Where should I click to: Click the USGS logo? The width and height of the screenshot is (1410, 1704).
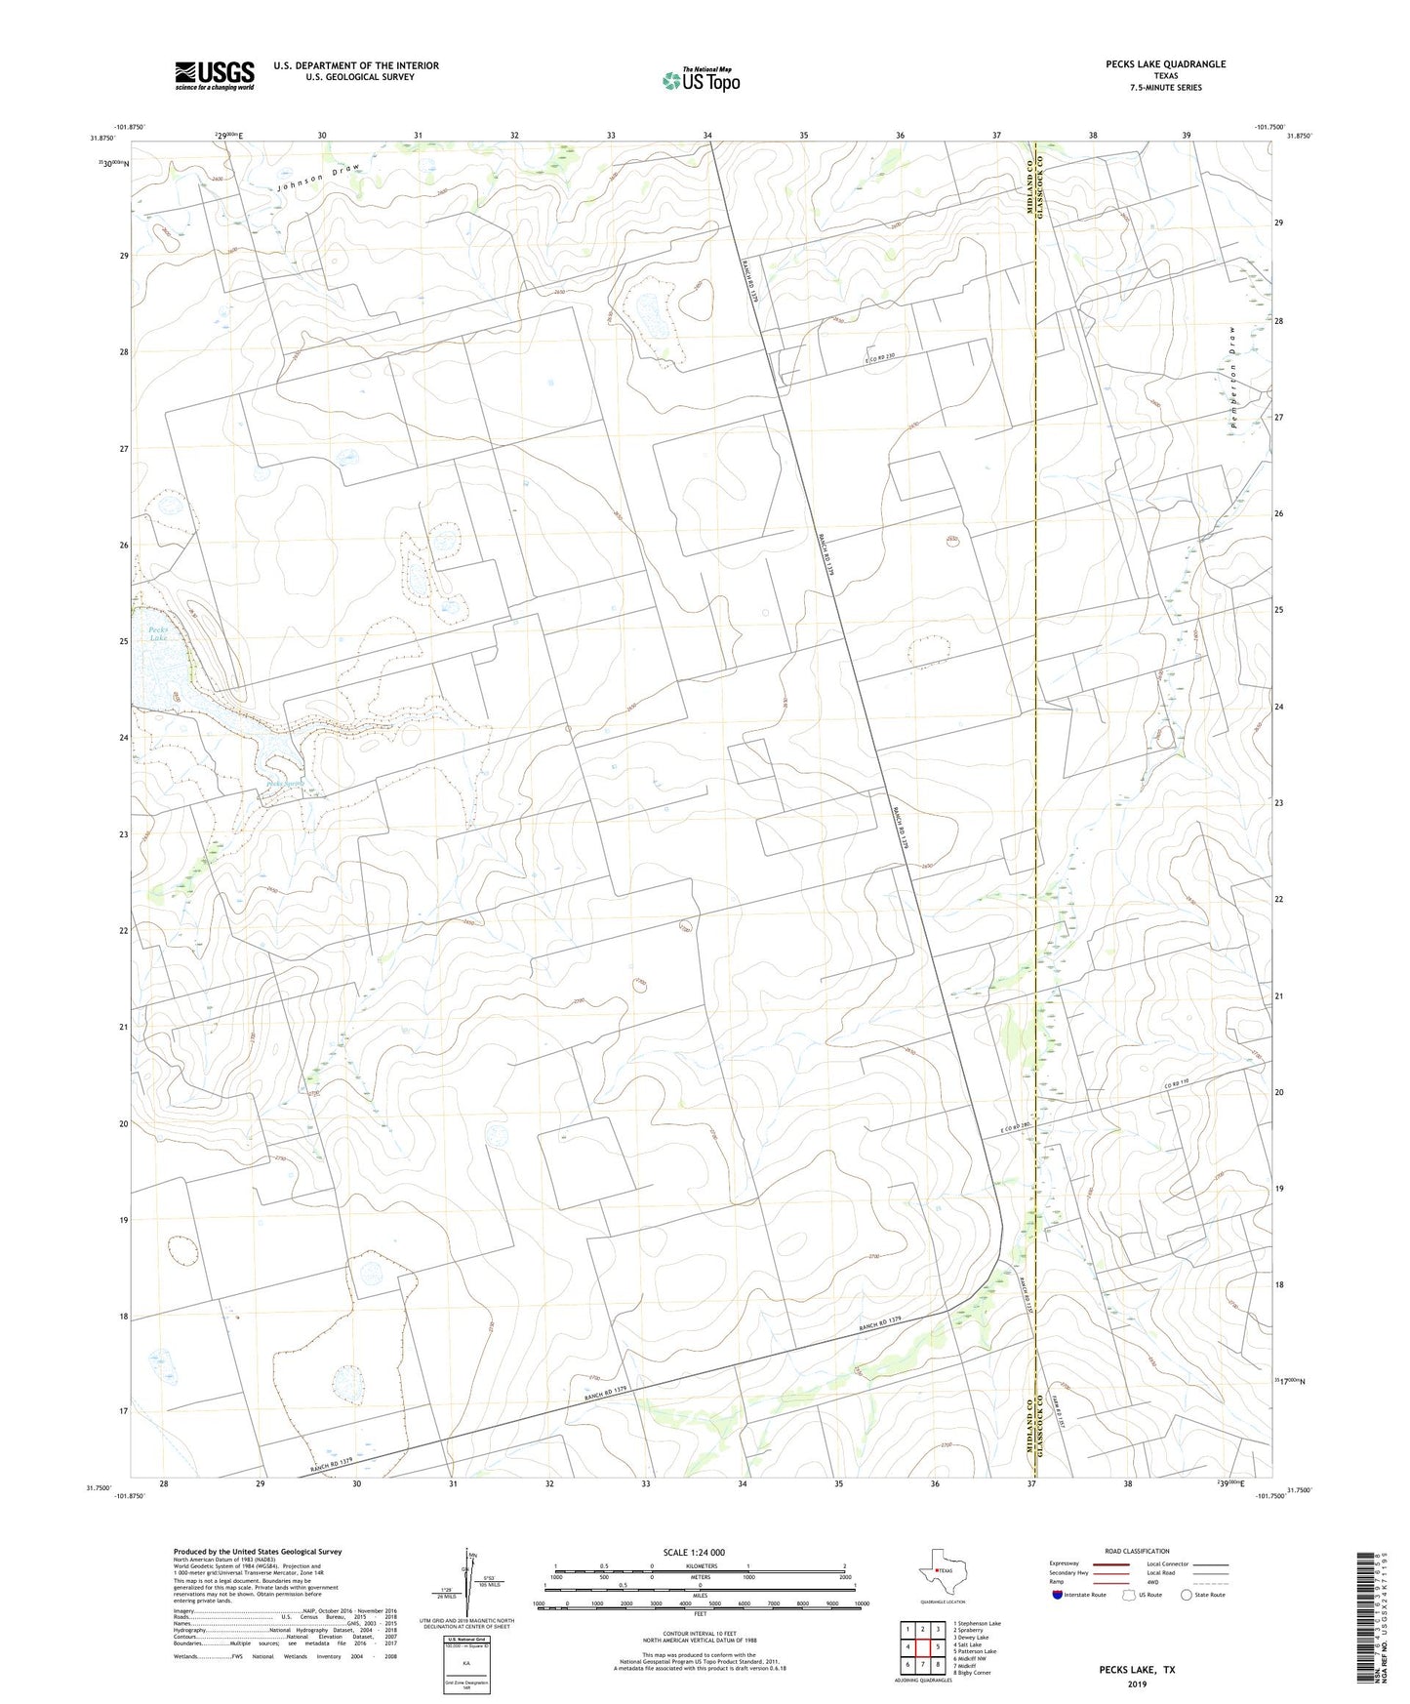point(215,74)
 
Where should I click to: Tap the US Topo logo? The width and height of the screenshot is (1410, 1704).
point(701,80)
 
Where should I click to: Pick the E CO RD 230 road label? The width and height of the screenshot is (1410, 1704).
point(879,358)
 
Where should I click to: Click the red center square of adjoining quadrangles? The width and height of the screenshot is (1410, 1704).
point(922,1646)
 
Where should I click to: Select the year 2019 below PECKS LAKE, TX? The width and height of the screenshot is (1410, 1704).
point(1135,1684)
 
